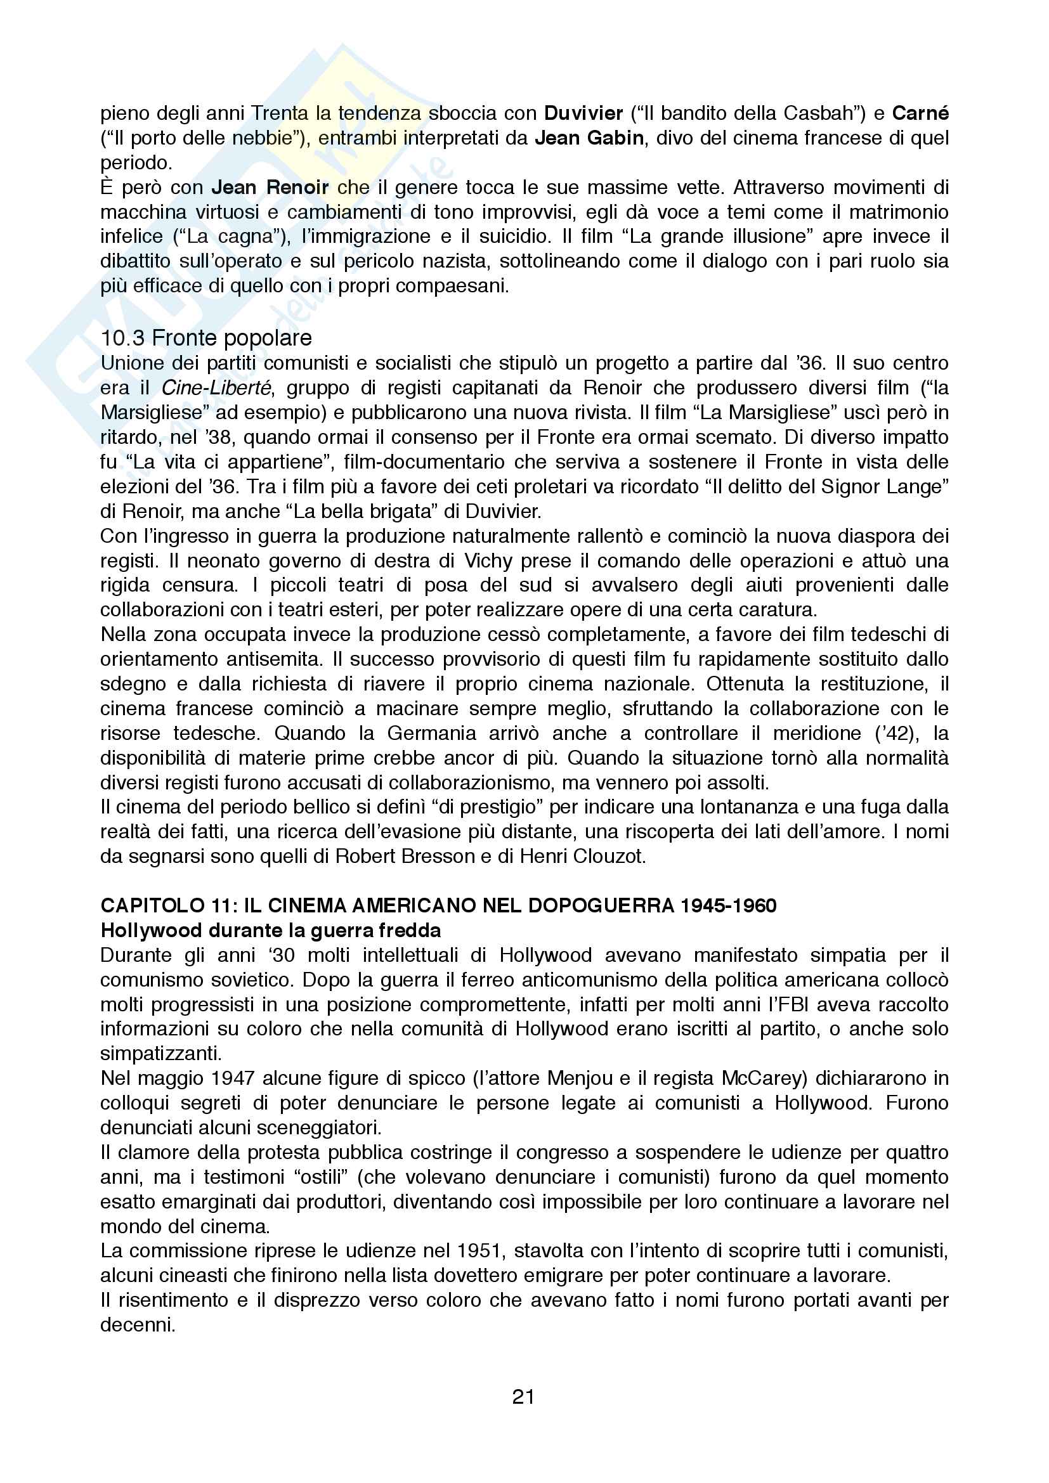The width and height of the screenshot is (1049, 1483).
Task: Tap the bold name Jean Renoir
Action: [x=270, y=187]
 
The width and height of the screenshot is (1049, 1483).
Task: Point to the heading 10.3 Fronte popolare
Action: [x=206, y=338]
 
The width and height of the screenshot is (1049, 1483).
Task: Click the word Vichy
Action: [x=487, y=560]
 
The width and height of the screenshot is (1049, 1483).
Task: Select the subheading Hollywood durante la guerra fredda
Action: [x=271, y=930]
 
